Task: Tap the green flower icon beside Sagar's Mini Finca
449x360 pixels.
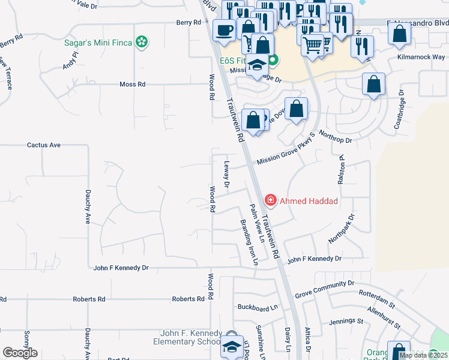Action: point(142,43)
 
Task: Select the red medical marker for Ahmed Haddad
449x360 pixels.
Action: point(271,200)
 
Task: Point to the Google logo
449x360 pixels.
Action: point(20,353)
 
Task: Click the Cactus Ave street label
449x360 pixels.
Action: point(44,145)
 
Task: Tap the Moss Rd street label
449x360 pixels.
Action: point(132,85)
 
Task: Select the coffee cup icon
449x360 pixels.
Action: point(224,30)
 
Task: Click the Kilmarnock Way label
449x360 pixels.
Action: point(421,57)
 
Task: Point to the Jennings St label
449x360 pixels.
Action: point(346,322)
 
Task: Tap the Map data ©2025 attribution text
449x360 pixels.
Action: point(423,355)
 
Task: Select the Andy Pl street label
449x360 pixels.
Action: point(70,61)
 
